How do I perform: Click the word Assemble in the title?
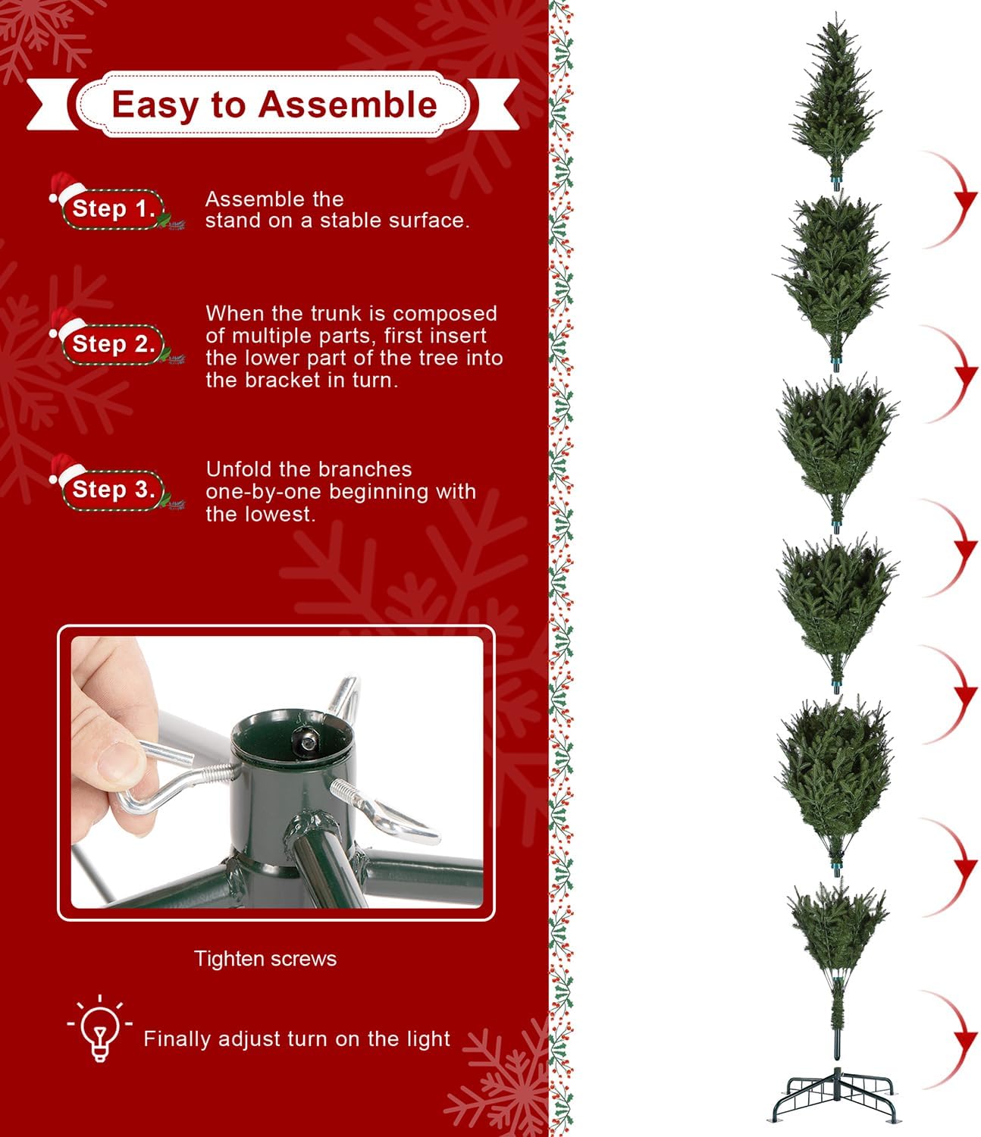(348, 104)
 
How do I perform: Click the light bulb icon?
(99, 1028)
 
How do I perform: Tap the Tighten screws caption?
(265, 959)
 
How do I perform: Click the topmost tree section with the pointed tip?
(835, 102)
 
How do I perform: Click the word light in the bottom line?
(428, 1039)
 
